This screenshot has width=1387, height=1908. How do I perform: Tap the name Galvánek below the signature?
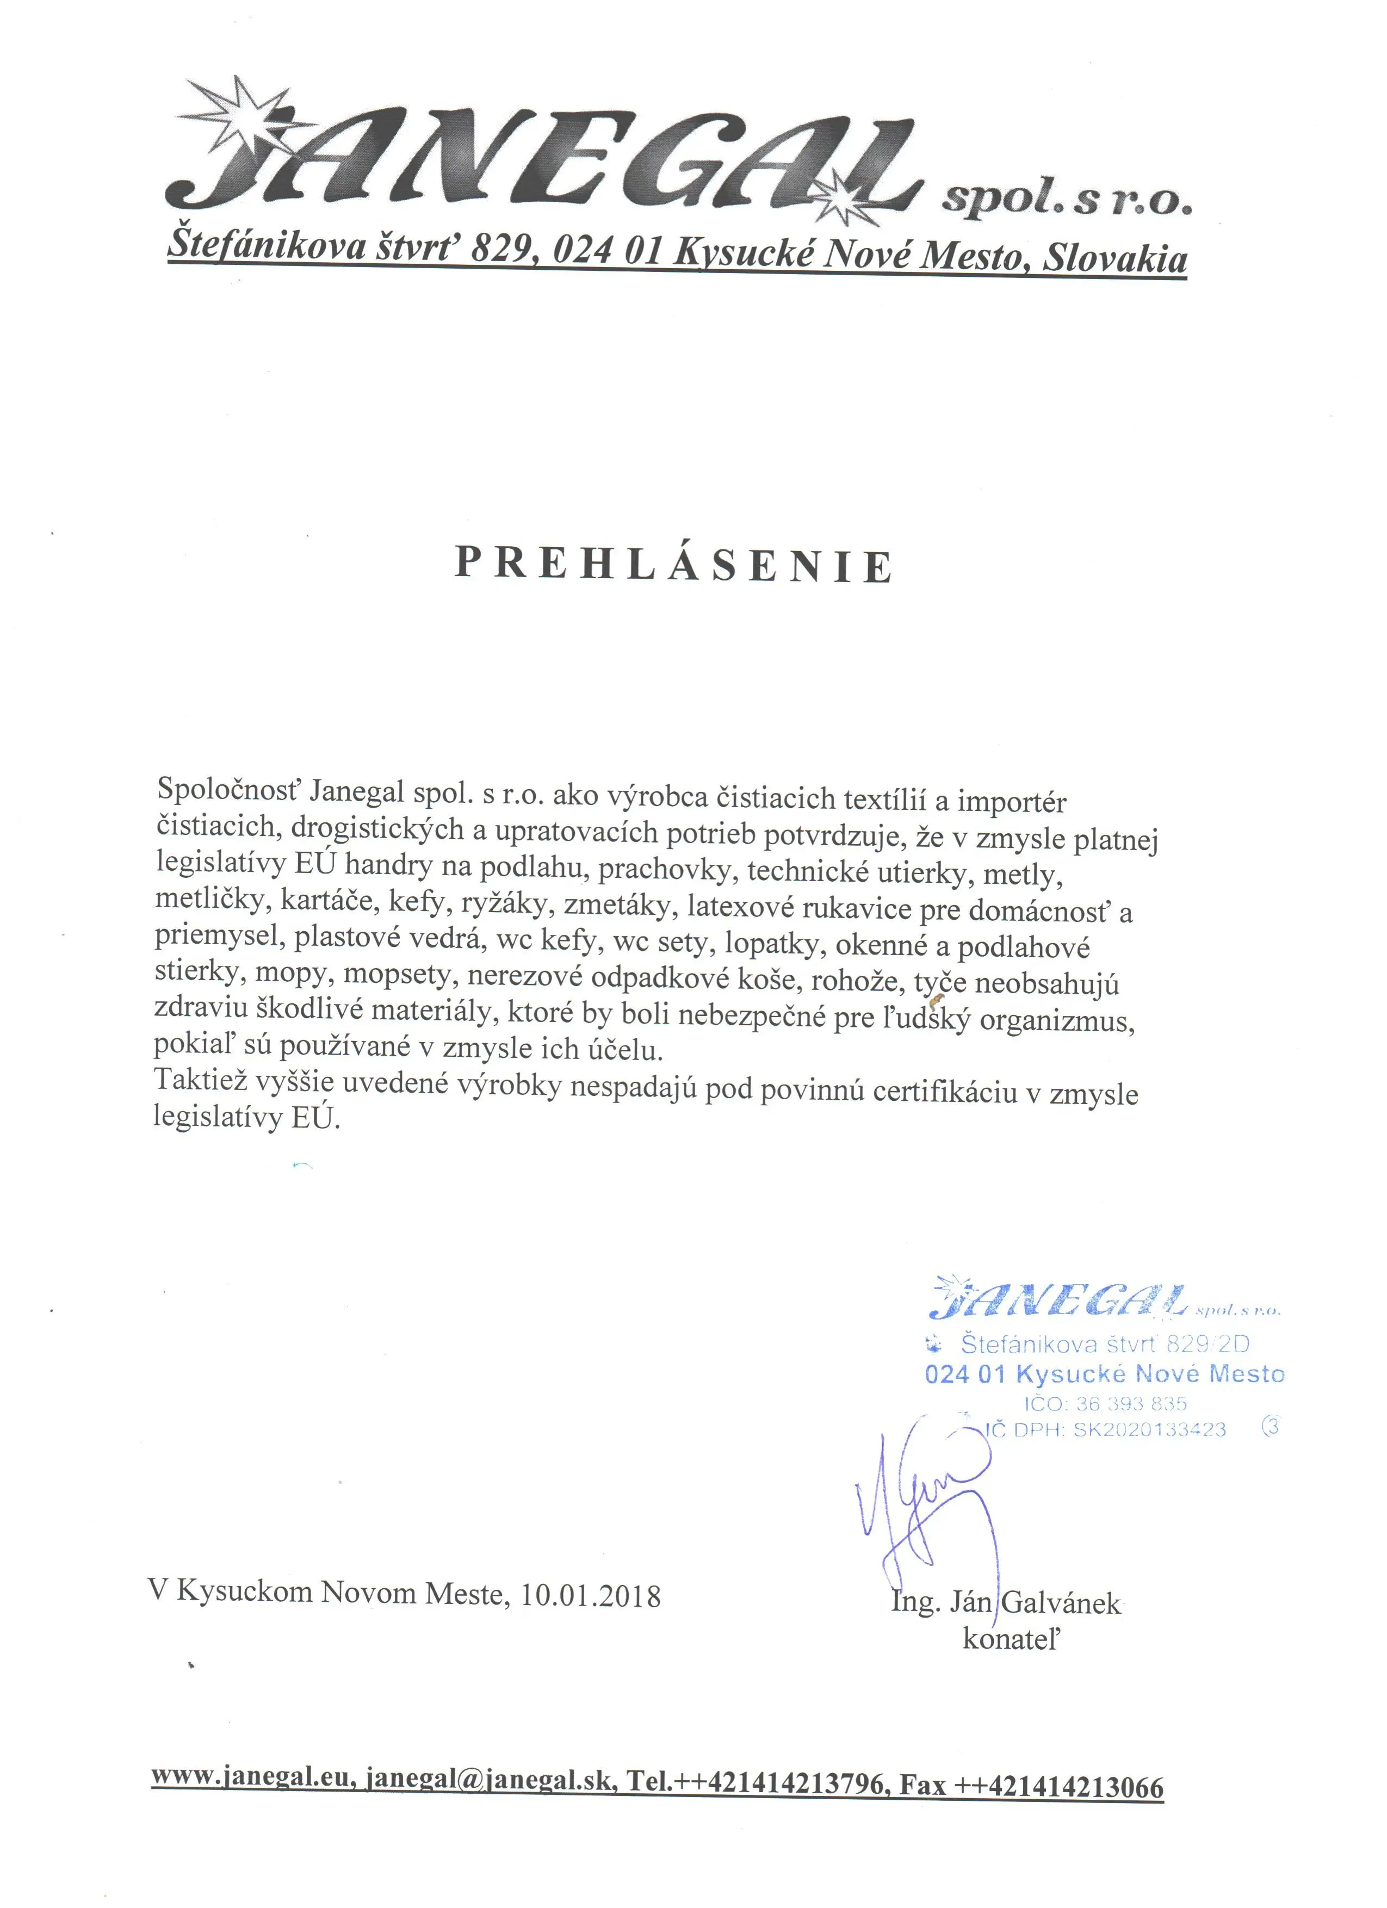pyautogui.click(x=1062, y=1603)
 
